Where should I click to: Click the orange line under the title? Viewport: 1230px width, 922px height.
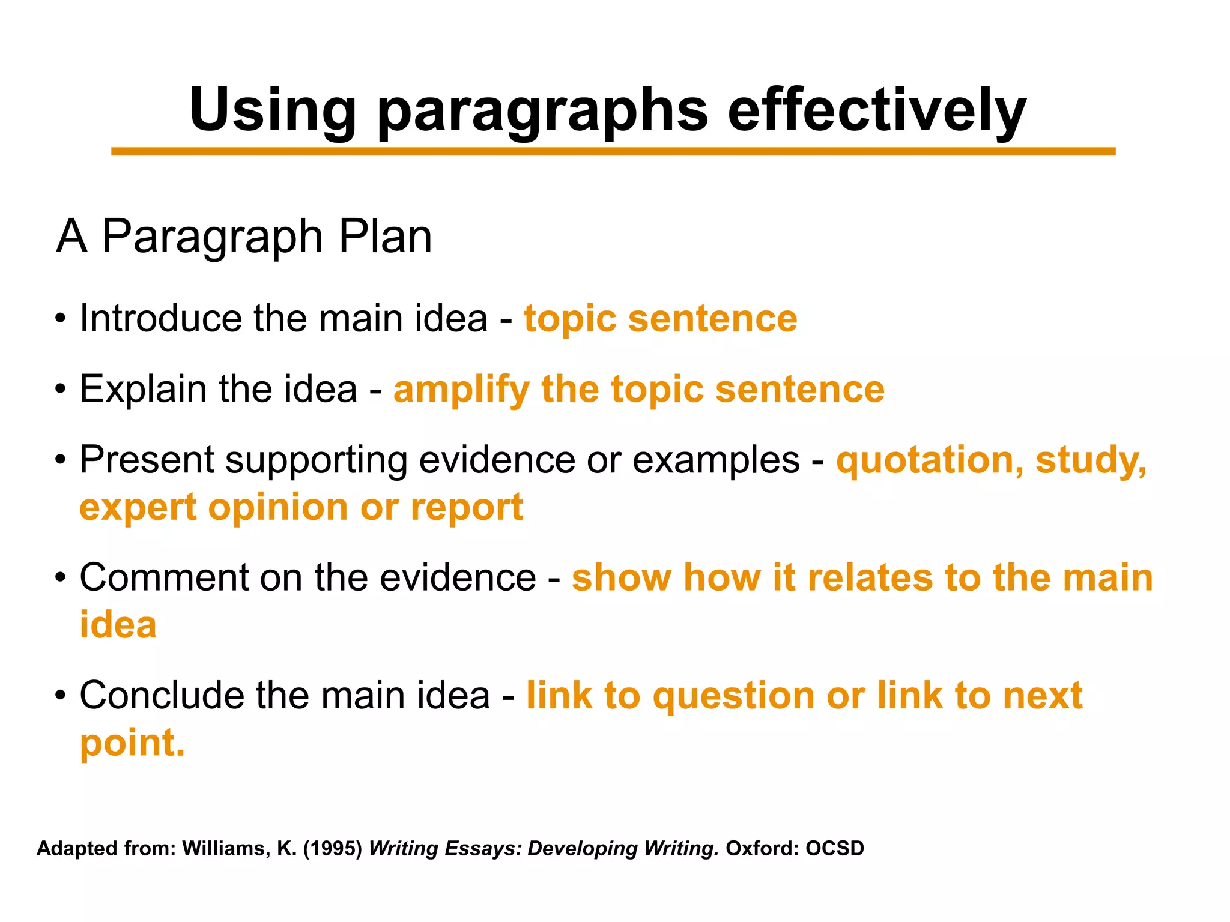613,152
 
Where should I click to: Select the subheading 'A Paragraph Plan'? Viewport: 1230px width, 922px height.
244,237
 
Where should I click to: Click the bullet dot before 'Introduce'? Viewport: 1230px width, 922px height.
59,319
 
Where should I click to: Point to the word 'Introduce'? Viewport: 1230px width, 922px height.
160,318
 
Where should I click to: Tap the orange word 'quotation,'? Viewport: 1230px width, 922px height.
930,461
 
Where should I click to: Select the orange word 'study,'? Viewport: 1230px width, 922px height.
1091,461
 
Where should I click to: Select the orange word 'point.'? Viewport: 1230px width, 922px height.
132,744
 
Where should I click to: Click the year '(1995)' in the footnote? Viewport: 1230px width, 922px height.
333,849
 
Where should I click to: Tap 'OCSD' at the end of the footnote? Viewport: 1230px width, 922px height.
834,849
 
